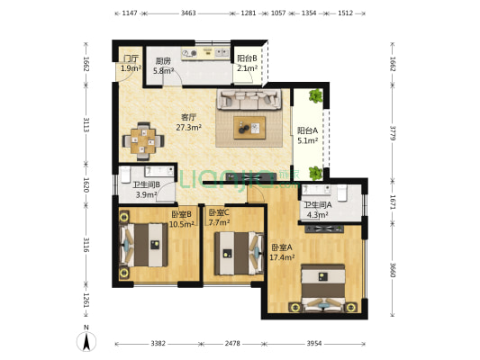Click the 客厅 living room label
(188, 116)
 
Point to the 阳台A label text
(307, 130)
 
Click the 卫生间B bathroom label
(146, 184)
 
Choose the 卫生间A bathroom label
(318, 204)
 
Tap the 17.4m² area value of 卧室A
(283, 257)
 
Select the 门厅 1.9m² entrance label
(130, 64)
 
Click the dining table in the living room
(141, 139)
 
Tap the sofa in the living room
(251, 99)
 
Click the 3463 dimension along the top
(188, 14)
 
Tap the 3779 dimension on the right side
(393, 133)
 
